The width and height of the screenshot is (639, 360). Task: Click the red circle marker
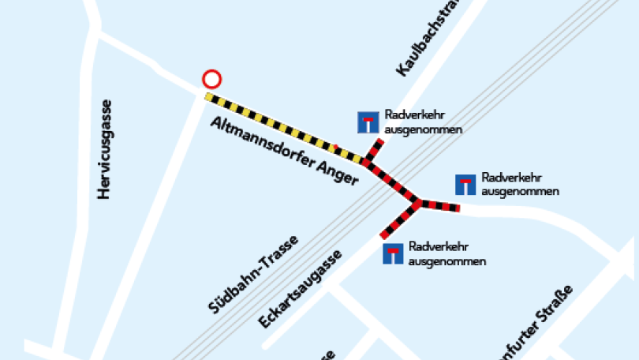point(211,79)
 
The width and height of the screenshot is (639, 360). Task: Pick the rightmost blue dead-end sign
point(466,184)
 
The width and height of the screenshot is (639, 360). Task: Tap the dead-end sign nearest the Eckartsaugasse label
point(393,253)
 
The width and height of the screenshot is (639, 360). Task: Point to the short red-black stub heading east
point(439,206)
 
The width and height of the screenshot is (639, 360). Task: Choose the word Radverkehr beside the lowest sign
point(435,247)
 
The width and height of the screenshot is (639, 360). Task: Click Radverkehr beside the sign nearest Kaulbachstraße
point(410,115)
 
